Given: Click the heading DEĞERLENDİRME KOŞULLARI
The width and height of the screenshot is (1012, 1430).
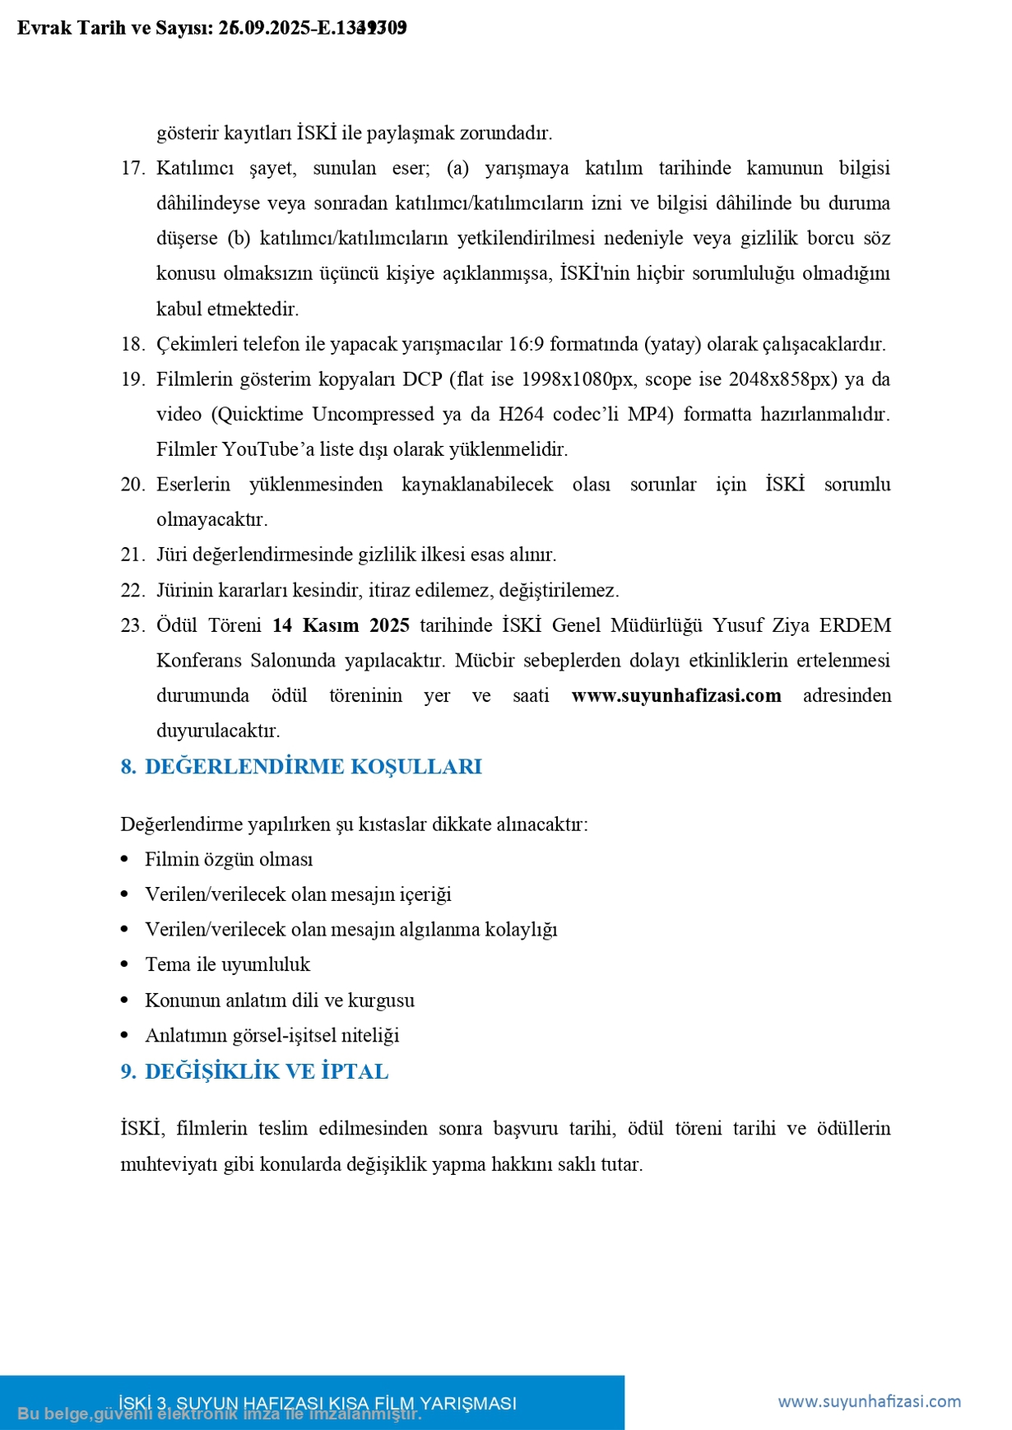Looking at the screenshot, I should coord(313,767).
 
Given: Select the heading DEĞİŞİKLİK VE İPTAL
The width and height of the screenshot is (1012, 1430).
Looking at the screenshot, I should coord(266,1071).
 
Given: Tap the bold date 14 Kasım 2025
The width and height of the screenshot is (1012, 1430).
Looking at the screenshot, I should coord(341,625).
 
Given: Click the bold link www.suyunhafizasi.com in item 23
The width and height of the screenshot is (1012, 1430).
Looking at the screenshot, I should coord(675,695).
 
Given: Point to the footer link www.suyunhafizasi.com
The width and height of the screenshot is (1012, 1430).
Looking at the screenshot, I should coord(869,1400).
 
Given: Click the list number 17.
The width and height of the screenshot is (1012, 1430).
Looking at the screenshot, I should coord(132,169).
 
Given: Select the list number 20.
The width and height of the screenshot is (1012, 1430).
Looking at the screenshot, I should coord(132,485).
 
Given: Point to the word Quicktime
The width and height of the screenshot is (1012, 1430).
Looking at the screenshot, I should coord(261,414).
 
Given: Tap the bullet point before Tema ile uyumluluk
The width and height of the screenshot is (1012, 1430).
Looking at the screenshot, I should coord(125,964).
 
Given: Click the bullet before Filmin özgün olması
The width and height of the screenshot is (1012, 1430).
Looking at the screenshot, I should coord(125,859).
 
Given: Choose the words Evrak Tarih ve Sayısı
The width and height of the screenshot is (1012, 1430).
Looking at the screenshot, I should coord(114,28).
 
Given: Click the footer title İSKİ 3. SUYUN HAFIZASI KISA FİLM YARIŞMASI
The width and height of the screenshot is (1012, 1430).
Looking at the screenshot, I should coord(318,1403).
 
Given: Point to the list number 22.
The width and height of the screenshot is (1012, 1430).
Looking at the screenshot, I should coord(132,590).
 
